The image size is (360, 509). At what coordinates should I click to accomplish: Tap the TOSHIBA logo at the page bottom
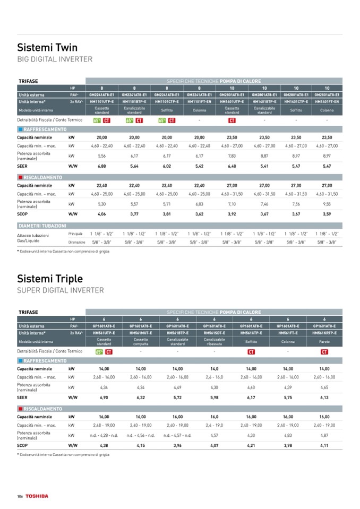[x=37, y=496]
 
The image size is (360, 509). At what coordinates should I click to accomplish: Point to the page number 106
[x=20, y=496]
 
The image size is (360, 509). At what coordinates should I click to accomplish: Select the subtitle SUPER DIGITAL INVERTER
[x=61, y=290]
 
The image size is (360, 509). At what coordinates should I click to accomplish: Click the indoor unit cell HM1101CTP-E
[x=167, y=101]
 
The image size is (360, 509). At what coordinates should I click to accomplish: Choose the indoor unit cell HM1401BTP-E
[x=264, y=101]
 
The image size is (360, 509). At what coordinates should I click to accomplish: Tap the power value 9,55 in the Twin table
[x=327, y=204]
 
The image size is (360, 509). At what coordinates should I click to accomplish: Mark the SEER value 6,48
[x=232, y=166]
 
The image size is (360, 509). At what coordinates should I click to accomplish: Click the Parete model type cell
[x=324, y=342]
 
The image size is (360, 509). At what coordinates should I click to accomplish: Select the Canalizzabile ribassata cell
[x=214, y=342]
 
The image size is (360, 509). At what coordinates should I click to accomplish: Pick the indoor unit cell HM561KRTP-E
[x=324, y=333]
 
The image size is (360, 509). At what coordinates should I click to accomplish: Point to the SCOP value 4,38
[x=104, y=445]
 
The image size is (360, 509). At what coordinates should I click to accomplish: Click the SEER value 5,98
[x=214, y=397]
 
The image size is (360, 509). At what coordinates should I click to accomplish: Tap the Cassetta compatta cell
[x=141, y=342]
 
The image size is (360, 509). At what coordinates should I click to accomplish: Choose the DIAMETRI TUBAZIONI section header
[x=42, y=226]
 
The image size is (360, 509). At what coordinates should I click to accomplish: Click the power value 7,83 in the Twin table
[x=232, y=156]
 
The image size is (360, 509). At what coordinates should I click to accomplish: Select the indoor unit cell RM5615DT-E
[x=214, y=333]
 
